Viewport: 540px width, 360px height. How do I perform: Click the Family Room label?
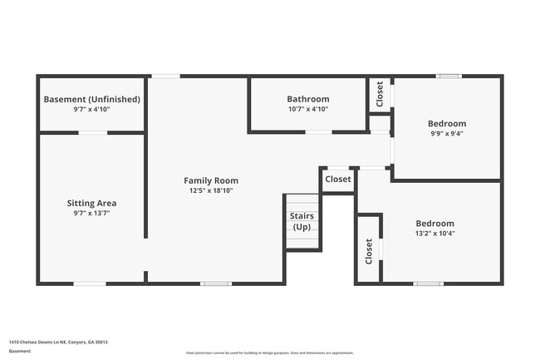click(211, 180)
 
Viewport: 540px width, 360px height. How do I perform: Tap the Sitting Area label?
click(91, 203)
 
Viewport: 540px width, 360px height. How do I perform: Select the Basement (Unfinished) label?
click(91, 99)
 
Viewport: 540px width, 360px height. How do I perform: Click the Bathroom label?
click(308, 99)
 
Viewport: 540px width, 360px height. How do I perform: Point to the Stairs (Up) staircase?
click(302, 221)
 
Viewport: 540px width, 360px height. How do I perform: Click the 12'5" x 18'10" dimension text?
click(211, 190)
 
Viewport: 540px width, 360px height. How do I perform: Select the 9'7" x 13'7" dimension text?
click(91, 213)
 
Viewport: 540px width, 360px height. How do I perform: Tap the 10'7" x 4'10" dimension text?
click(308, 109)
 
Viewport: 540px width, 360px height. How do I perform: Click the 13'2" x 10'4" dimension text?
click(434, 233)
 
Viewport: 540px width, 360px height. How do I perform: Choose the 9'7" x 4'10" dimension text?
click(91, 109)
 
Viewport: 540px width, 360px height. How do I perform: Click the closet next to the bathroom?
click(380, 94)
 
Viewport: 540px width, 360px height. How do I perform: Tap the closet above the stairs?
click(338, 179)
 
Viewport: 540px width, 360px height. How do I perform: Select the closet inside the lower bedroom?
click(369, 250)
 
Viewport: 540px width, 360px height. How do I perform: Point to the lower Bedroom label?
click(434, 223)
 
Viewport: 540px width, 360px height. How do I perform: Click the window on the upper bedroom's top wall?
click(449, 76)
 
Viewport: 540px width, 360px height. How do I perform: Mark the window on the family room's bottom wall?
click(216, 284)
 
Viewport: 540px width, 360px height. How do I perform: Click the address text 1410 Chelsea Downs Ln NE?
click(58, 342)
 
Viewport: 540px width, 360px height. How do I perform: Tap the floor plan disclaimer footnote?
click(269, 353)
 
